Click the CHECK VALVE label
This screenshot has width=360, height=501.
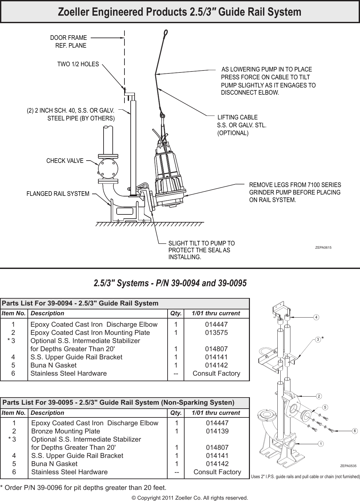pyautogui.click(x=65, y=161)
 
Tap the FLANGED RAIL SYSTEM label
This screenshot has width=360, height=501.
pyautogui.click(x=58, y=194)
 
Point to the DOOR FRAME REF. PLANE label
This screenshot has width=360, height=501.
pyautogui.click(x=69, y=42)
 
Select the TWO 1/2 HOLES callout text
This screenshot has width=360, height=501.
pyautogui.click(x=78, y=64)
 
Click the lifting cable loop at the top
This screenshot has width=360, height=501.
pyautogui.click(x=166, y=32)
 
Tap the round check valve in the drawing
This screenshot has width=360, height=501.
pyautogui.click(x=108, y=168)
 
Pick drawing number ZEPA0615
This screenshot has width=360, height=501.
pyautogui.click(x=323, y=248)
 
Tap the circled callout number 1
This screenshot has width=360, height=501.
pyautogui.click(x=321, y=444)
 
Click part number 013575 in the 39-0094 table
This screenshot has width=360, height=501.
pyautogui.click(x=216, y=333)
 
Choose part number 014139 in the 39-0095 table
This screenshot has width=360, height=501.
pyautogui.click(x=217, y=431)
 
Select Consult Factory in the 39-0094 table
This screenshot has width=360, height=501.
pyautogui.click(x=216, y=373)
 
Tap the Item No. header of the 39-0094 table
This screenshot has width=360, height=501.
pyautogui.click(x=14, y=313)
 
